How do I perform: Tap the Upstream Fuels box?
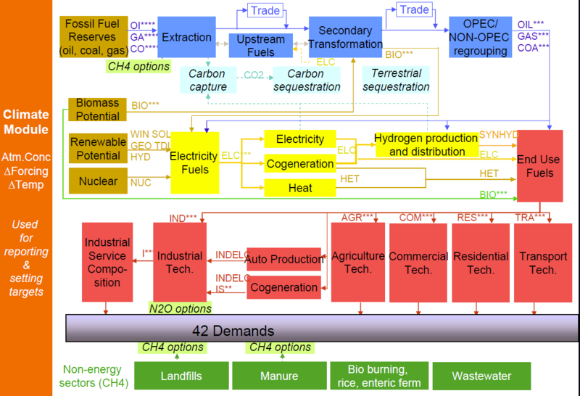(260, 46)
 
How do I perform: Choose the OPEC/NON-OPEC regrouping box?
(480, 36)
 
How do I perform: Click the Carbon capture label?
(207, 80)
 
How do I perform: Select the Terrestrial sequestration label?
(396, 80)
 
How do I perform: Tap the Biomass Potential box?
(98, 110)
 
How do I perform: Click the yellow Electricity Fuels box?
(194, 162)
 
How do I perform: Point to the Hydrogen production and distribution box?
(426, 144)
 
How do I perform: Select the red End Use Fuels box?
(539, 165)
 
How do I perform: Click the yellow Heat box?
(299, 188)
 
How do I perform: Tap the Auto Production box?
(283, 259)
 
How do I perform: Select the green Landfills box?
(181, 376)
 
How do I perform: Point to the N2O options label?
(180, 308)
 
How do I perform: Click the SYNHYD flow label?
(499, 135)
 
